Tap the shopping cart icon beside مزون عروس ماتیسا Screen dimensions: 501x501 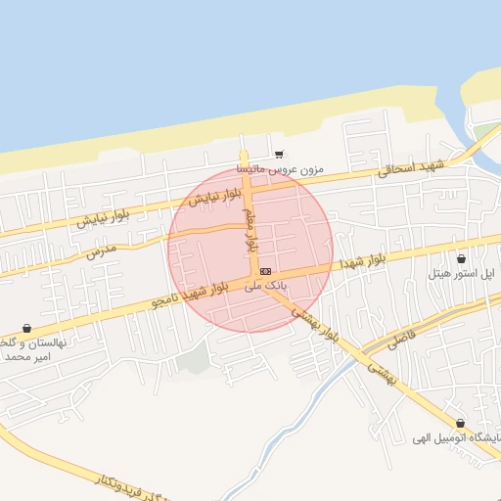pyautogui.click(x=280, y=154)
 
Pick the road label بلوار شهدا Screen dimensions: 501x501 pyautogui.click(x=363, y=260)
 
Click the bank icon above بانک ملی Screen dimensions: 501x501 pyautogui.click(x=266, y=270)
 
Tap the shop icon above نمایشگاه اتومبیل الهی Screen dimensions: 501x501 pyautogui.click(x=460, y=422)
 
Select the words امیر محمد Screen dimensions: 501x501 pyautogui.click(x=29, y=357)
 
